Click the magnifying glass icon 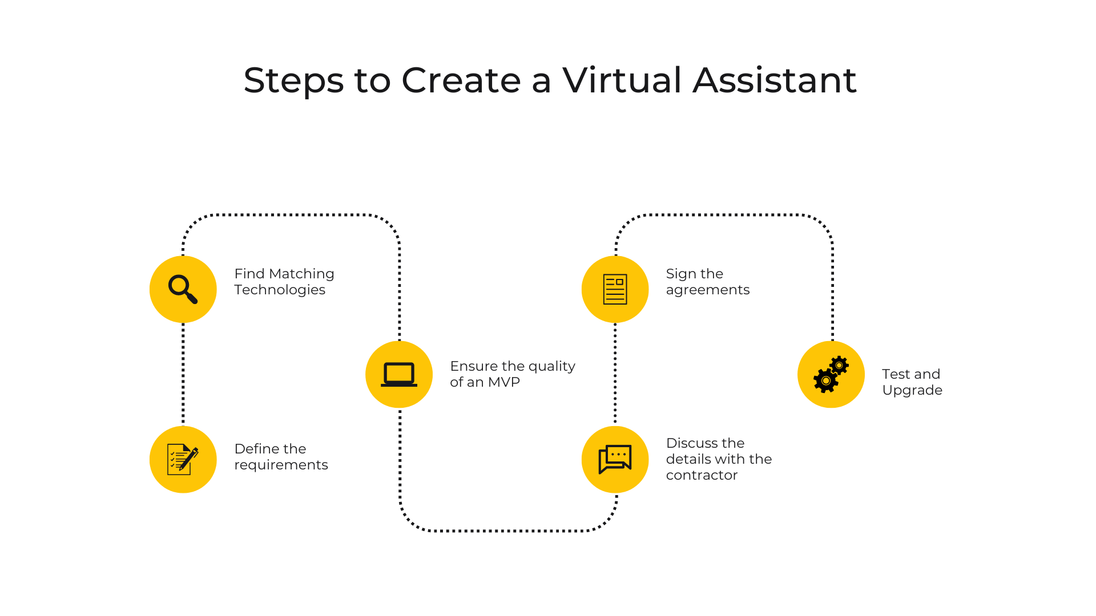click(x=183, y=289)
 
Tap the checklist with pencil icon click(x=183, y=459)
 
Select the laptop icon click(x=399, y=375)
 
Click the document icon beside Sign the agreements click(x=615, y=289)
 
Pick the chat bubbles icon click(x=615, y=459)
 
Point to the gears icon click(x=831, y=375)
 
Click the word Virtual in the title click(x=622, y=79)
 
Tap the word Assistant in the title click(x=775, y=79)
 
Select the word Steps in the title click(x=293, y=80)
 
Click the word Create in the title click(x=461, y=79)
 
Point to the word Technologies click(x=280, y=290)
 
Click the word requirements click(x=281, y=465)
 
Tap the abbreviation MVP click(x=504, y=382)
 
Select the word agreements click(x=708, y=290)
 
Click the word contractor click(x=702, y=475)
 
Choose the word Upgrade click(x=912, y=391)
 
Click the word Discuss click(x=692, y=443)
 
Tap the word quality click(x=552, y=367)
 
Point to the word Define click(x=257, y=449)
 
